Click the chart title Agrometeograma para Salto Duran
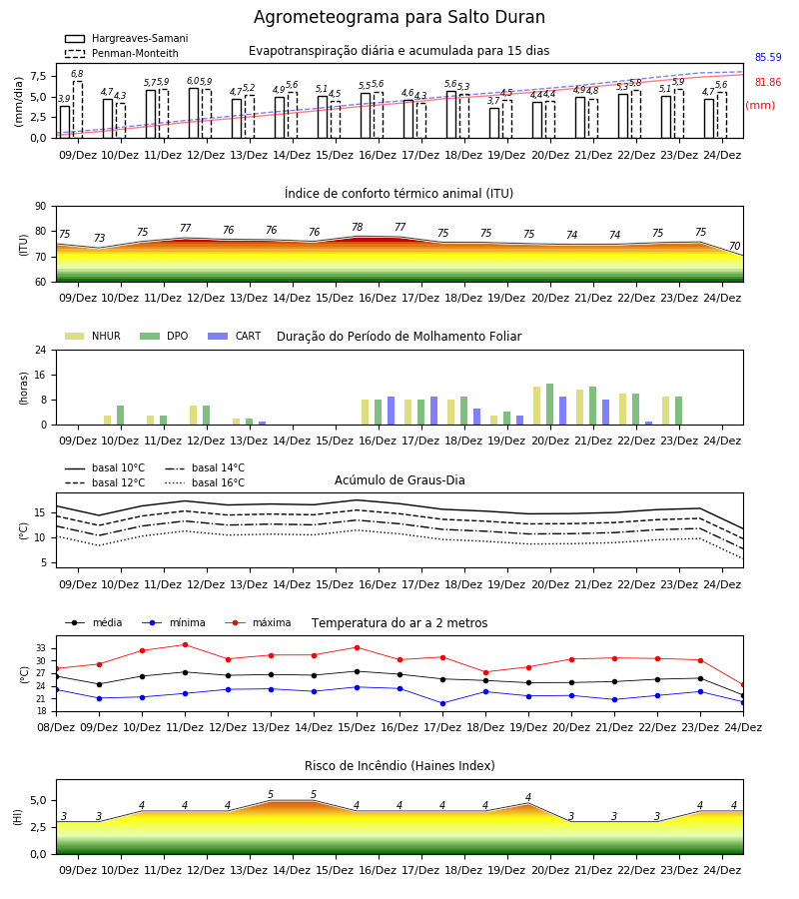[x=399, y=17]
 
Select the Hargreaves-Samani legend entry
[x=126, y=38]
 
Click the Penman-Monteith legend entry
[x=122, y=53]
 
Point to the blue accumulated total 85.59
[x=768, y=57]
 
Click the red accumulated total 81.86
[x=768, y=82]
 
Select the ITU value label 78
[x=358, y=227]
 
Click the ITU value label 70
[x=734, y=246]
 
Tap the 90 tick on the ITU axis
[x=41, y=207]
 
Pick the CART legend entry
[x=234, y=336]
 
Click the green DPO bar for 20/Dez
[x=549, y=405]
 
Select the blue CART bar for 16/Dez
[x=391, y=411]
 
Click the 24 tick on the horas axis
[x=41, y=351]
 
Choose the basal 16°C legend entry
[x=205, y=482]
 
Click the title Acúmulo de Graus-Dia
[x=399, y=479]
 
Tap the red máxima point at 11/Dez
[x=185, y=644]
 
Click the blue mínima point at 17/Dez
[x=443, y=703]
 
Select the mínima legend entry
[x=174, y=622]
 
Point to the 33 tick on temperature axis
[x=41, y=648]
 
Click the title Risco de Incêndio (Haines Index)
[x=399, y=766]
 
